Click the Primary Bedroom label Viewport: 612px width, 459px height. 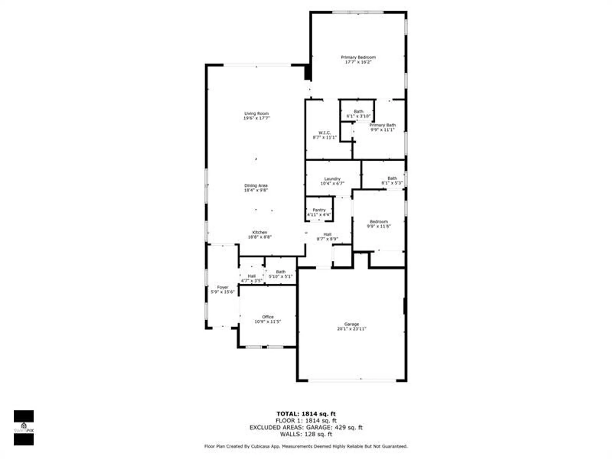pyautogui.click(x=358, y=57)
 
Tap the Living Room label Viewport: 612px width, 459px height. pyautogui.click(x=256, y=114)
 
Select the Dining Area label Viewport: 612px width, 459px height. pyautogui.click(x=256, y=185)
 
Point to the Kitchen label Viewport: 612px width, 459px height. pyautogui.click(x=259, y=232)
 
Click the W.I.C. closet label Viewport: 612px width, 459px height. pyautogui.click(x=324, y=133)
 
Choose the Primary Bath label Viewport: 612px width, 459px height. pyautogui.click(x=382, y=125)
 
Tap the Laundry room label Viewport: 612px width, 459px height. pyautogui.click(x=332, y=179)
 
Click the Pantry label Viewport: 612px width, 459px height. pyautogui.click(x=319, y=210)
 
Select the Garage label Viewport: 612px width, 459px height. pyautogui.click(x=351, y=324)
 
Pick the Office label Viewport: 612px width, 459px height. pyautogui.click(x=267, y=317)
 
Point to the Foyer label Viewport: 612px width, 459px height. pyautogui.click(x=222, y=287)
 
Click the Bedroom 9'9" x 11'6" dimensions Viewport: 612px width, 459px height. pyautogui.click(x=379, y=226)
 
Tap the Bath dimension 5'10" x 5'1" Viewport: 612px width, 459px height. pyautogui.click(x=280, y=276)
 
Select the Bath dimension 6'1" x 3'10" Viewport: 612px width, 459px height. pyautogui.click(x=358, y=116)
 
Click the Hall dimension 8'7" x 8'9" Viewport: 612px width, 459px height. pyautogui.click(x=327, y=239)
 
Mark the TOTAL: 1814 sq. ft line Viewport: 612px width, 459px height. pyautogui.click(x=306, y=414)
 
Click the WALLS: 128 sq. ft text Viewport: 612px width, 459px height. pyautogui.click(x=306, y=434)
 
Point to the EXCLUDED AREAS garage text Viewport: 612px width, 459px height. pyautogui.click(x=306, y=427)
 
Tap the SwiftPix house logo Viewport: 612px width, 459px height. pyautogui.click(x=24, y=426)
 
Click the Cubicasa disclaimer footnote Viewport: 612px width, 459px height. pyautogui.click(x=306, y=446)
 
